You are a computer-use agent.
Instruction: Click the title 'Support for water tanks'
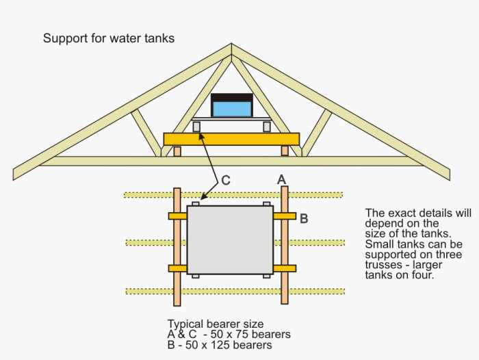click(109, 38)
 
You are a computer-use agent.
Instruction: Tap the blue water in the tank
click(232, 109)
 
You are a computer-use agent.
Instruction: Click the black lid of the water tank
click(232, 98)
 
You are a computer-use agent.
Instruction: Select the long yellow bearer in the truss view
click(231, 139)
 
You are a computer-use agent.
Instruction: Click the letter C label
click(225, 180)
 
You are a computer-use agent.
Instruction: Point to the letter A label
click(282, 179)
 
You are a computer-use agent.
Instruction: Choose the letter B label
click(304, 218)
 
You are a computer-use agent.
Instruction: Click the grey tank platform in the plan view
click(230, 240)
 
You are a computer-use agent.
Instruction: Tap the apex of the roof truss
click(231, 44)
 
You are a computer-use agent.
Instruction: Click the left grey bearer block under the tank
click(196, 127)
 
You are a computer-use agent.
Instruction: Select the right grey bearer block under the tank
click(267, 127)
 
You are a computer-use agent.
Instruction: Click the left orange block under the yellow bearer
click(177, 151)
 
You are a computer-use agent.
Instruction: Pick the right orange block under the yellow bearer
click(285, 151)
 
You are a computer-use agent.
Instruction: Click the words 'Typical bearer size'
click(216, 324)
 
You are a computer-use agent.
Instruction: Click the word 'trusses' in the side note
click(384, 264)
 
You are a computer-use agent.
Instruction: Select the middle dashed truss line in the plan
click(235, 243)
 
